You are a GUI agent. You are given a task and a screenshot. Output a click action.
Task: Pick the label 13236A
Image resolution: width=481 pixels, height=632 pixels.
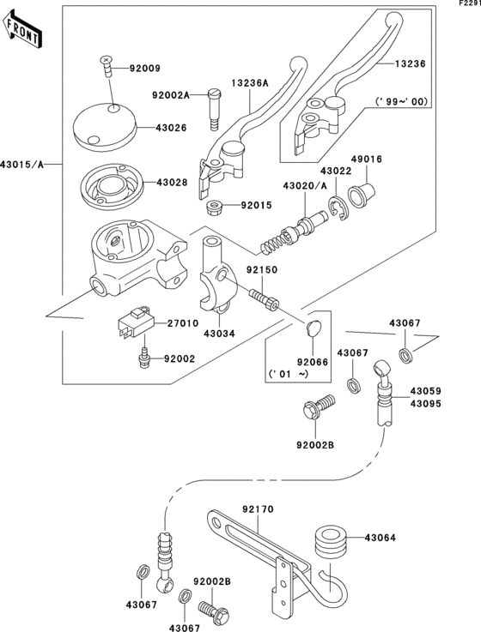tap(248, 83)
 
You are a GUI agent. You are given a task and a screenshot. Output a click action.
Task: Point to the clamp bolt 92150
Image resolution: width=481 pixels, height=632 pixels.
tap(264, 301)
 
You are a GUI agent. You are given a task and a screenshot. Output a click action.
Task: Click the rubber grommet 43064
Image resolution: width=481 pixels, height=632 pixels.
tap(329, 541)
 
